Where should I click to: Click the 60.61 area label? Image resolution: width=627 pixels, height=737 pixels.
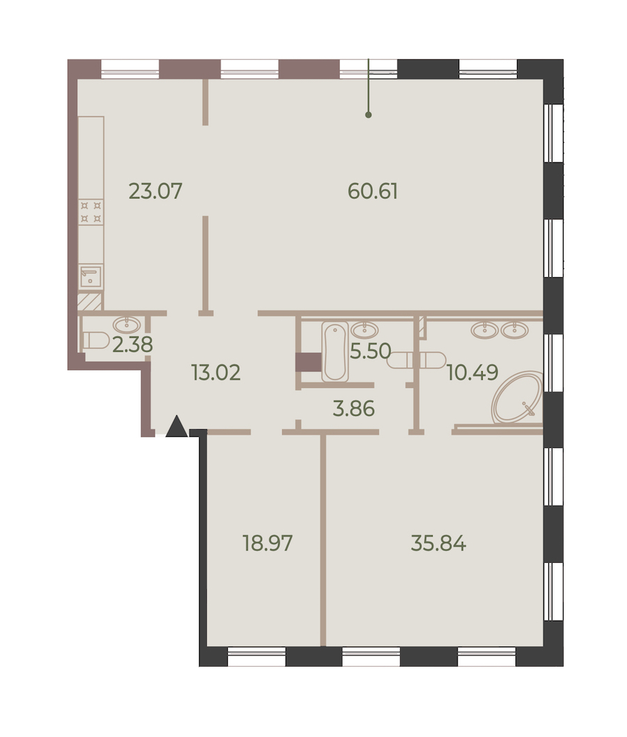point(373,192)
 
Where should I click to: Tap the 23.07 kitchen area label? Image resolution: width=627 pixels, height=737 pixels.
point(155,192)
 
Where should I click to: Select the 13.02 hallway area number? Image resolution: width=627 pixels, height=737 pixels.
point(216,372)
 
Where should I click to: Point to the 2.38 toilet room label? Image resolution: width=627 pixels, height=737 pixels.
point(132,345)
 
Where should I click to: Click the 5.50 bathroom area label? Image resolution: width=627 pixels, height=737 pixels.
point(371,351)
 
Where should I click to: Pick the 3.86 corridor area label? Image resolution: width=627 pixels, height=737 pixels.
point(353,408)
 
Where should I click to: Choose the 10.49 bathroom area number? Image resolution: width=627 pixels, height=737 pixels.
point(472,372)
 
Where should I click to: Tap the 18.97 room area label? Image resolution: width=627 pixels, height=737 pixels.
point(268,543)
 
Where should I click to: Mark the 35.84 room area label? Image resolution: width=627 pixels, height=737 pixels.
point(438,543)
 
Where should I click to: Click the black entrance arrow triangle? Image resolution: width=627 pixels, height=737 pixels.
point(177,427)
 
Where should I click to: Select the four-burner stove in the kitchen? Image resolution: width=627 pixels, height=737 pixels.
point(91,212)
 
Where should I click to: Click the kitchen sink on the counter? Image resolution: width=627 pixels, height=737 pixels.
point(91,276)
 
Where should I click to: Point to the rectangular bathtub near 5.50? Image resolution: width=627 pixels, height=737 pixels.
point(335,351)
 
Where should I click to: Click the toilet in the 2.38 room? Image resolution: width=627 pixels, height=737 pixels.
point(95,341)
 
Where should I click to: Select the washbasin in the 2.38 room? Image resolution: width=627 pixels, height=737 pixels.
point(127,325)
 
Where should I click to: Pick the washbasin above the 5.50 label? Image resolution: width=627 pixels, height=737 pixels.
point(365,329)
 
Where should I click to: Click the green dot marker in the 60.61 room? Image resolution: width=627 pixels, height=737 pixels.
point(369,115)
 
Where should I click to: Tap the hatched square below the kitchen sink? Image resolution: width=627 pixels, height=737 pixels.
point(90,302)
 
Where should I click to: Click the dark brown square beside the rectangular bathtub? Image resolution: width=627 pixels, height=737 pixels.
point(309,362)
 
